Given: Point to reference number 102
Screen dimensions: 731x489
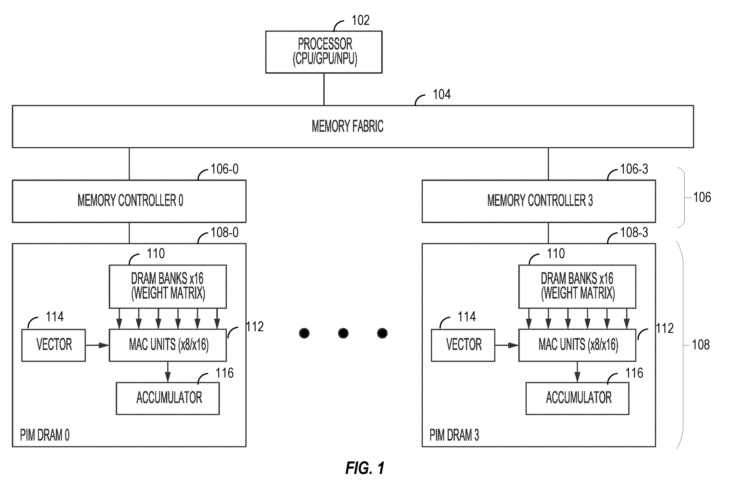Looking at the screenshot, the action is (361, 20).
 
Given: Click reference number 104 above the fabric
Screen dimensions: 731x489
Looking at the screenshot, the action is (442, 95).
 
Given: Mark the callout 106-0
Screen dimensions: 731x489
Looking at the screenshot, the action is (224, 169).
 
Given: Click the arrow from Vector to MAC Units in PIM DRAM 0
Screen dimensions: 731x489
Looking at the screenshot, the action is (97, 345).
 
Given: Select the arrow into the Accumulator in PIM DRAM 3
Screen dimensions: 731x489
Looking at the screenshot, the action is (577, 372).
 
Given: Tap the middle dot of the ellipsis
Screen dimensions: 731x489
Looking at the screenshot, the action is (343, 333).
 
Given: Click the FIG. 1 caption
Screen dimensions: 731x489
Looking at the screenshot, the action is (365, 468).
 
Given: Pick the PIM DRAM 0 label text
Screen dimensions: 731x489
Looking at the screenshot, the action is (45, 435).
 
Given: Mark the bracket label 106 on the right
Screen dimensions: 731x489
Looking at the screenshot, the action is (702, 197).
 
